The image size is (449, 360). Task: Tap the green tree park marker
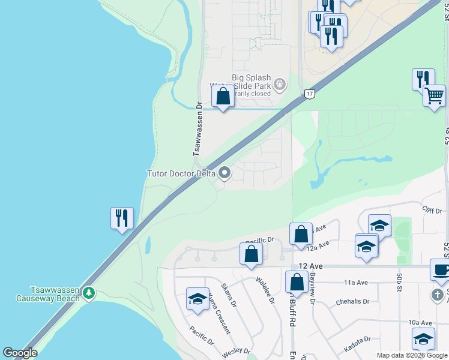tap(89, 292)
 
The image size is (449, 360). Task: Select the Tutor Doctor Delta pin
tap(225, 173)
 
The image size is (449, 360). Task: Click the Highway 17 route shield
tap(309, 94)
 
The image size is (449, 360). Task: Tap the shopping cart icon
tap(434, 95)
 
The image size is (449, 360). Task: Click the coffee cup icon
tap(441, 271)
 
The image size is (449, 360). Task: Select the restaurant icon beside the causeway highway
tap(122, 218)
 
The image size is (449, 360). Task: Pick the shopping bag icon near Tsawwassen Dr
tap(223, 97)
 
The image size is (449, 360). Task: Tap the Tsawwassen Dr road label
tap(196, 134)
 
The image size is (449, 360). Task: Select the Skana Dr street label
tap(228, 293)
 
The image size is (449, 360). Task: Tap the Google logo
tap(20, 353)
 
